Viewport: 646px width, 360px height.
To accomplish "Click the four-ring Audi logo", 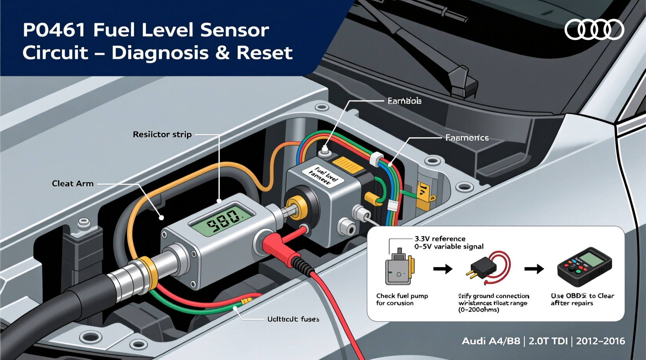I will [594, 30].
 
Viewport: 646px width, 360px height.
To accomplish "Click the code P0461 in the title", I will [54, 30].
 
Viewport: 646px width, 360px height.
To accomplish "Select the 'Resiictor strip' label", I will [162, 135].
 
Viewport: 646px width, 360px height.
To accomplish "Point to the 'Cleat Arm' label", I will [73, 183].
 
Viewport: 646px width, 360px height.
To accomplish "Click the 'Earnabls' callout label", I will [404, 101].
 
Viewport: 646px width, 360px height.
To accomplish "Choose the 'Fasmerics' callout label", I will [467, 138].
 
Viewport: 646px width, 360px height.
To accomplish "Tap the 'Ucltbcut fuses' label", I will [293, 319].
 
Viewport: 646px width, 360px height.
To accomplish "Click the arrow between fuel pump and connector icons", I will [443, 268].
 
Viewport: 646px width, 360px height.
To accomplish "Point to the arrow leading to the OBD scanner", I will [534, 268].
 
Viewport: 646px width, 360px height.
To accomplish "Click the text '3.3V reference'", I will [440, 239].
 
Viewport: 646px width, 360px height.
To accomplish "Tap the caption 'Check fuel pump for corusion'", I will [402, 299].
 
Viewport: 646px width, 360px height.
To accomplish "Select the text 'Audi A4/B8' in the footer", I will [491, 341].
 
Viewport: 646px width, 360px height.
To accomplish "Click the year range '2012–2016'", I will [600, 341].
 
